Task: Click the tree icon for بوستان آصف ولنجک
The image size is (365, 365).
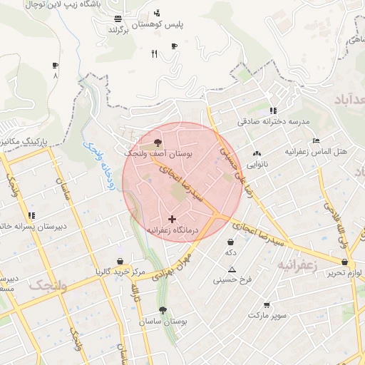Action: [158, 143]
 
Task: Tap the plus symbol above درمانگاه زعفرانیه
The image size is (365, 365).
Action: [172, 218]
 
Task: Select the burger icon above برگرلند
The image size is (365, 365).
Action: [117, 20]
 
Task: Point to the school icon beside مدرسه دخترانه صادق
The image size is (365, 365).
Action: [272, 110]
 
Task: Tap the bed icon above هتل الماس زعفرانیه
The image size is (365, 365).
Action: [316, 141]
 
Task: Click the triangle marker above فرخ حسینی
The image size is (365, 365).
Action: [232, 269]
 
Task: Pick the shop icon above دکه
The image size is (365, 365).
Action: [230, 242]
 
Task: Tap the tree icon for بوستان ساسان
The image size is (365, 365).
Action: [164, 310]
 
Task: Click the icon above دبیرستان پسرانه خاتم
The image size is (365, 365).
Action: [31, 215]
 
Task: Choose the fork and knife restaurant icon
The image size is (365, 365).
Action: [154, 54]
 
